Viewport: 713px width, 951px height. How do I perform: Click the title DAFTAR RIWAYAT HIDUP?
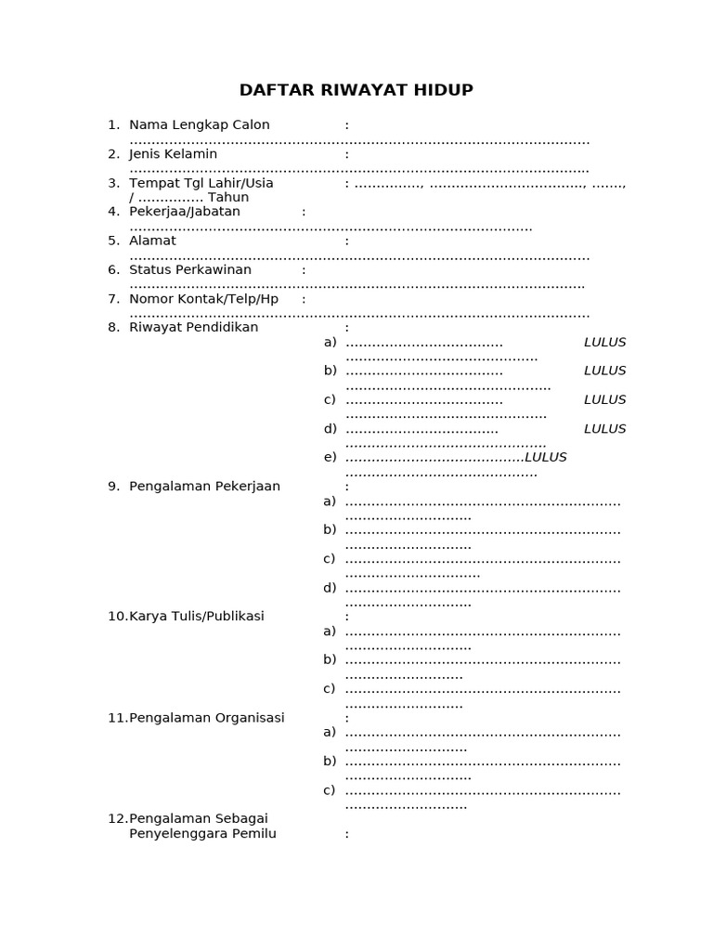pyautogui.click(x=356, y=90)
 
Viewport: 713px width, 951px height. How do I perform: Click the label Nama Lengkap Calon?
pyautogui.click(x=199, y=124)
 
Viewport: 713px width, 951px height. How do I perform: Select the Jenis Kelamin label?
pyautogui.click(x=173, y=154)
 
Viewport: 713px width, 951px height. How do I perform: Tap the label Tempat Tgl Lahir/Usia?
pyautogui.click(x=201, y=183)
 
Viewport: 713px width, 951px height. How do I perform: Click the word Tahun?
pyautogui.click(x=228, y=197)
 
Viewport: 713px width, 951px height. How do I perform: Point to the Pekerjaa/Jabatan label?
pyautogui.click(x=184, y=212)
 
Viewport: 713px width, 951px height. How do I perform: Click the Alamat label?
pyautogui.click(x=152, y=241)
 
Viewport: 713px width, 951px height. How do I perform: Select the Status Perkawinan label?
pyautogui.click(x=190, y=269)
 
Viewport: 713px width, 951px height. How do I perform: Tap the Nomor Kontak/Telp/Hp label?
pyautogui.click(x=203, y=299)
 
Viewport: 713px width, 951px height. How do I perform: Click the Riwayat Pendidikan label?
pyautogui.click(x=193, y=327)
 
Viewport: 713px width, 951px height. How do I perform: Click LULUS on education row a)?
pyautogui.click(x=604, y=342)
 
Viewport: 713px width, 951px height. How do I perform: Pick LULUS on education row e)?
pyautogui.click(x=546, y=457)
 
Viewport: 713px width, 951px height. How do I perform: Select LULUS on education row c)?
pyautogui.click(x=604, y=399)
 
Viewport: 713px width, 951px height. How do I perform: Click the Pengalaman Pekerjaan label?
pyautogui.click(x=204, y=486)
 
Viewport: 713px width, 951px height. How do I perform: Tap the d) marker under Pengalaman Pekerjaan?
pyautogui.click(x=330, y=587)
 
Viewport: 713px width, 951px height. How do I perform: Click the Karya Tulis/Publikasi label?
pyautogui.click(x=196, y=616)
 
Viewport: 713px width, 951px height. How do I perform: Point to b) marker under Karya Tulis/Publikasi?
pyautogui.click(x=330, y=659)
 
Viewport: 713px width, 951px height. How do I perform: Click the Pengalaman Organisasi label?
pyautogui.click(x=206, y=717)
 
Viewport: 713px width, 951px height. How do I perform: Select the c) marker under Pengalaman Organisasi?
pyautogui.click(x=329, y=790)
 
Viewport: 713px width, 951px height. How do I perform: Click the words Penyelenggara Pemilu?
pyautogui.click(x=202, y=833)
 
